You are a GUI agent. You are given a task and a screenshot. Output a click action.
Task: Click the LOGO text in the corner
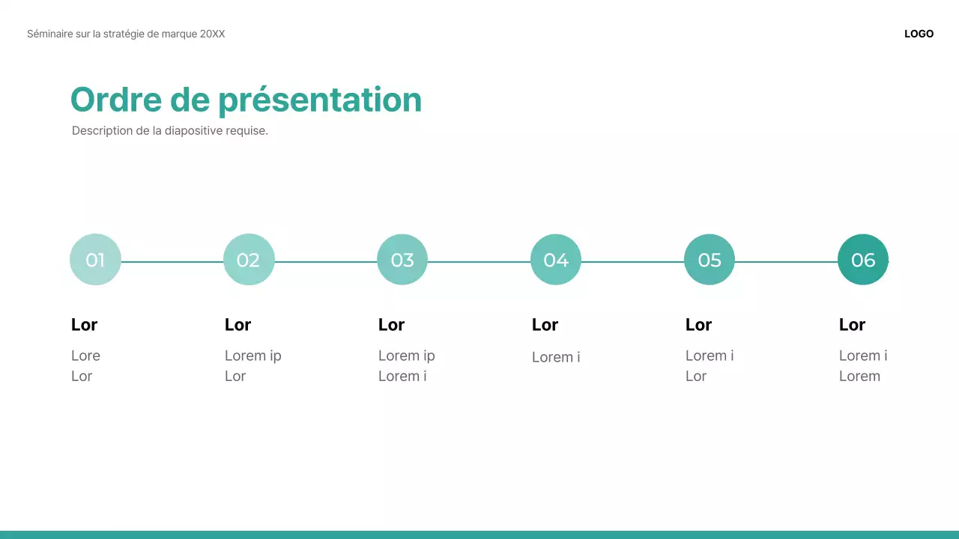[919, 34]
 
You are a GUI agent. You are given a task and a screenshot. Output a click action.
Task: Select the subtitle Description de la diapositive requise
[169, 130]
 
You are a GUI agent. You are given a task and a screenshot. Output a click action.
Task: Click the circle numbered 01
[95, 260]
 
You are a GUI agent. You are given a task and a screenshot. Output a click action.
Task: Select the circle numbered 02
[249, 260]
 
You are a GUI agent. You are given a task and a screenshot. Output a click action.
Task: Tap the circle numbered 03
[402, 260]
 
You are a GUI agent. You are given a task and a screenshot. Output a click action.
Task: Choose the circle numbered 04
[556, 260]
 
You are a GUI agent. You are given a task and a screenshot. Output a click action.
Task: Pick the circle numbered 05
[710, 260]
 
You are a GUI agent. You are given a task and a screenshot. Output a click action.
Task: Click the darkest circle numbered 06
[863, 260]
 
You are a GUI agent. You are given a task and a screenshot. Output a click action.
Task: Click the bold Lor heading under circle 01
[84, 324]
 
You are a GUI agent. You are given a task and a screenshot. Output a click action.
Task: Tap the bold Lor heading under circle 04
[545, 324]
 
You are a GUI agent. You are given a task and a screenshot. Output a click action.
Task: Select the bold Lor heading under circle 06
[852, 324]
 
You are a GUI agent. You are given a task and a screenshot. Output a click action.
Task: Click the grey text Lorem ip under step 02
[252, 356]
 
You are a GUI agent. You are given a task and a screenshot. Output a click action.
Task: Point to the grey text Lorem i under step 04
[555, 357]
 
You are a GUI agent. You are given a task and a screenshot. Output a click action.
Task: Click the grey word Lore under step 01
[85, 356]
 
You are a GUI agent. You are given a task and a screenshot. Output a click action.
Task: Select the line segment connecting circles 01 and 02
[172, 262]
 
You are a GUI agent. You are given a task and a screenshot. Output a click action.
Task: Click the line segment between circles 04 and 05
[632, 262]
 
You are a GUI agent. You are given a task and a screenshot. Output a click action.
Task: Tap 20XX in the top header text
[212, 34]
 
